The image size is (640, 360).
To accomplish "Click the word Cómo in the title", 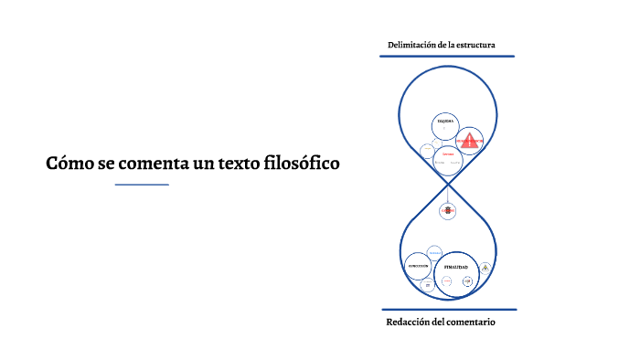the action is (69, 164).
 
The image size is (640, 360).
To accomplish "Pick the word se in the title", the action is (105, 164).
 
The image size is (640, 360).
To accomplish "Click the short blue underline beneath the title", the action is (142, 185).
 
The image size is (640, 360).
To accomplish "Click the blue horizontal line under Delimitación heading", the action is (447, 56).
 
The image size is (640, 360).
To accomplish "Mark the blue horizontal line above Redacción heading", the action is (447, 310).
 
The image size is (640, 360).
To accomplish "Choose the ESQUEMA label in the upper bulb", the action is (445, 121).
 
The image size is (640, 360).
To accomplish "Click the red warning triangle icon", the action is (470, 142).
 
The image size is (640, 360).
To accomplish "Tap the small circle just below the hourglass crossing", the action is (447, 210).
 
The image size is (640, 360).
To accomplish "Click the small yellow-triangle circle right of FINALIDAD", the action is (485, 268).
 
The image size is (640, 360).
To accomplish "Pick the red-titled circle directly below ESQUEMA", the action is (447, 156).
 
